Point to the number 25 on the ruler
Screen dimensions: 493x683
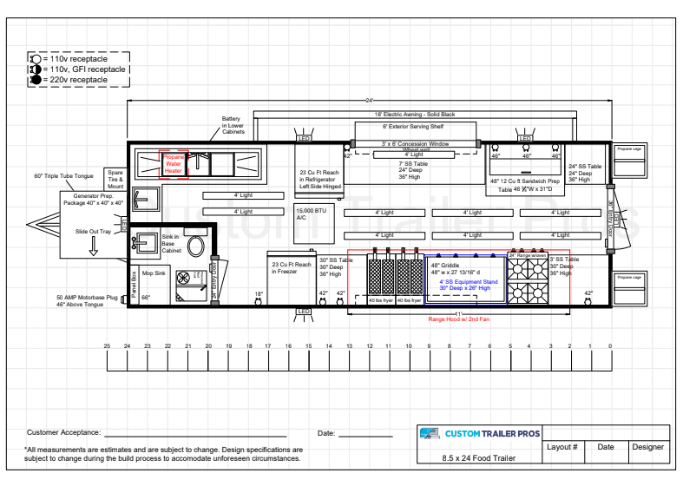click(107, 346)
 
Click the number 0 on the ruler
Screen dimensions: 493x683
click(610, 346)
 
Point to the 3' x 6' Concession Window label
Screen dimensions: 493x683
click(415, 143)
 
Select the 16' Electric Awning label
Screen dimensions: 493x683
click(414, 115)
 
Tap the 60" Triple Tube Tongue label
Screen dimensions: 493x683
click(62, 176)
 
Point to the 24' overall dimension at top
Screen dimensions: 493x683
click(369, 102)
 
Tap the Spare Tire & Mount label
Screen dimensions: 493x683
click(115, 180)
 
